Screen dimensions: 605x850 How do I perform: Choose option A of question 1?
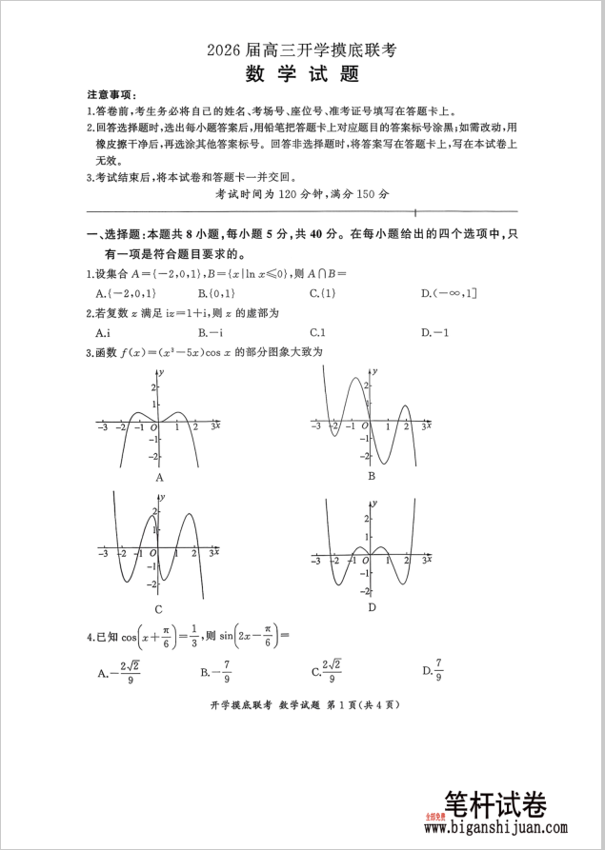point(124,293)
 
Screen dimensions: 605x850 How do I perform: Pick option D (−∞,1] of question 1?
point(449,293)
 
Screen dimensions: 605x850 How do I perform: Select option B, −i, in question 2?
point(211,332)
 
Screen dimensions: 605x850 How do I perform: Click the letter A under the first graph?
point(159,477)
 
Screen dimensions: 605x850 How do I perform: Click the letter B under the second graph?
point(371,475)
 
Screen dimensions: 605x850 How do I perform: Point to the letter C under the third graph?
point(158,609)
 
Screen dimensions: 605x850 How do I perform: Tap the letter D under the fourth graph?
point(372,606)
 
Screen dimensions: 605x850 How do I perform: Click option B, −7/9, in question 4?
point(215,673)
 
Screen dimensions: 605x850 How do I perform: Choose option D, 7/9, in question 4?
point(434,670)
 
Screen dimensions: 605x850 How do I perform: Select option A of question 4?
point(120,673)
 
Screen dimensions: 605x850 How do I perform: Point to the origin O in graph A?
point(151,428)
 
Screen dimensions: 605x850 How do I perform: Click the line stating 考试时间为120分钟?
point(302,193)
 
